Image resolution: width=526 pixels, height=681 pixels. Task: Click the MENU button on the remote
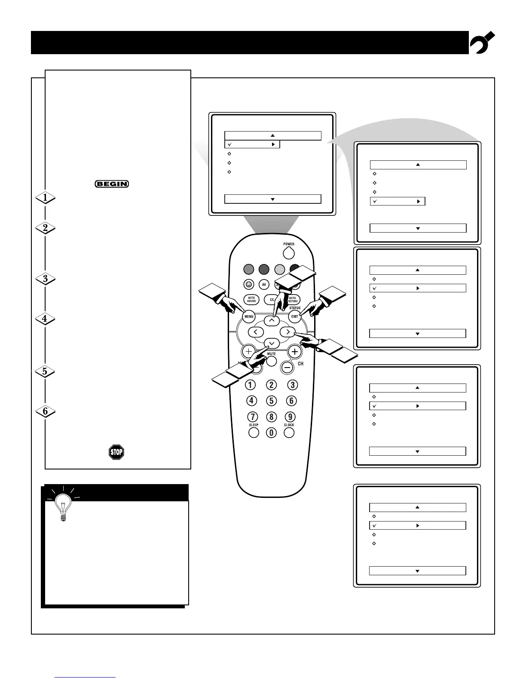(x=249, y=317)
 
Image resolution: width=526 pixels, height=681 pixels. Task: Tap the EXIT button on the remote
(x=294, y=317)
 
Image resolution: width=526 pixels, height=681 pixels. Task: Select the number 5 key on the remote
(x=271, y=401)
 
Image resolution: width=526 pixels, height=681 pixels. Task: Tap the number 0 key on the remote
(x=271, y=433)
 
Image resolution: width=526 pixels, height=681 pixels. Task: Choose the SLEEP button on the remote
(x=254, y=432)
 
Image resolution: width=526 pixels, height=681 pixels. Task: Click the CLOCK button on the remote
(x=289, y=432)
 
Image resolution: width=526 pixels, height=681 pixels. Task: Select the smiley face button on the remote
(x=248, y=284)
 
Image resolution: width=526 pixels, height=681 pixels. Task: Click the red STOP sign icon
(x=116, y=452)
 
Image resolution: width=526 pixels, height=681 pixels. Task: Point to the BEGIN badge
(x=112, y=184)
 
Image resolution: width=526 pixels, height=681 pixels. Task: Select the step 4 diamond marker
(x=45, y=319)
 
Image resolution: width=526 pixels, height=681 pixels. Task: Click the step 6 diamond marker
(x=45, y=411)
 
